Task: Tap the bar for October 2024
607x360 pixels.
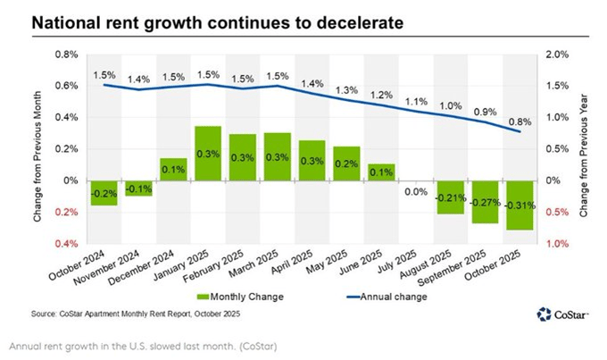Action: click(104, 192)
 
